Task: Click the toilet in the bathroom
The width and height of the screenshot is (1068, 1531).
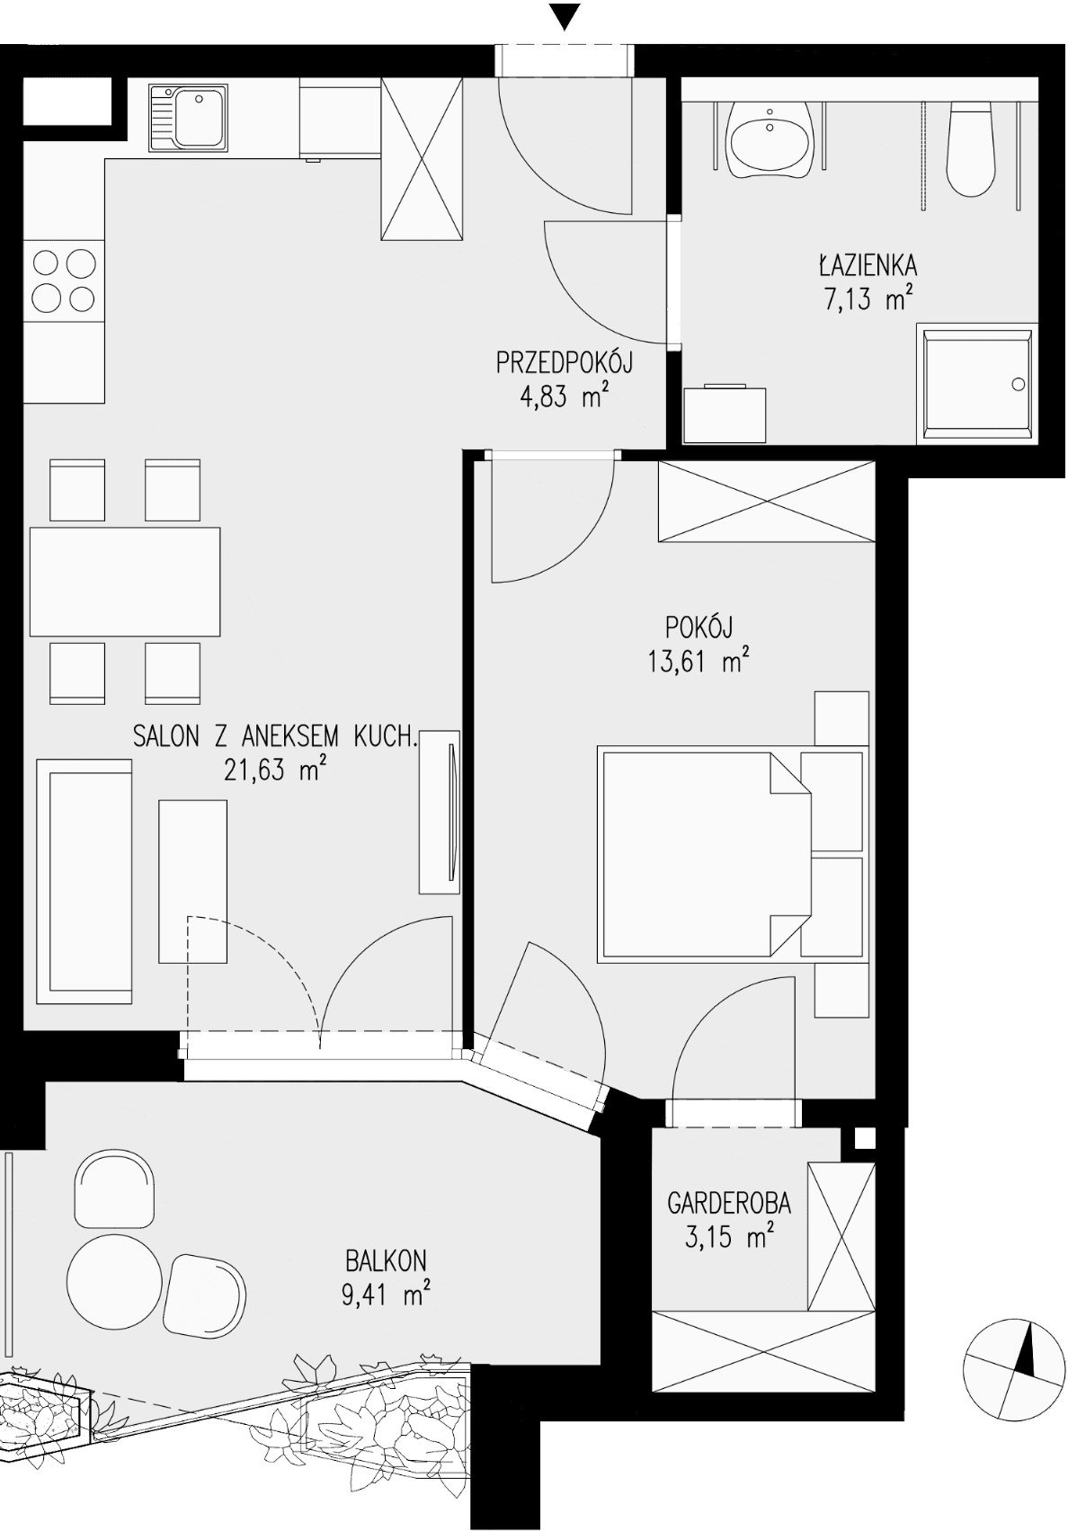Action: pyautogui.click(x=970, y=149)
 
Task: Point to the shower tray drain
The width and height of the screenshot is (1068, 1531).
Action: pyautogui.click(x=1019, y=384)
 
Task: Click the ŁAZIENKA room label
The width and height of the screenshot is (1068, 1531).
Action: pyautogui.click(x=868, y=264)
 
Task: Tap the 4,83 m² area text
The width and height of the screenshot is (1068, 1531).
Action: pyautogui.click(x=565, y=397)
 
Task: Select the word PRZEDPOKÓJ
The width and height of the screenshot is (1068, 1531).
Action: pyautogui.click(x=565, y=361)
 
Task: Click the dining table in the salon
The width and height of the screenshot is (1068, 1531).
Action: pyautogui.click(x=125, y=582)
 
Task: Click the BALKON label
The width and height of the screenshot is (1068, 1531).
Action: pyautogui.click(x=386, y=1260)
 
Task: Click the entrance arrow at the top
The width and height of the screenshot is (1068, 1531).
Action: pyautogui.click(x=565, y=17)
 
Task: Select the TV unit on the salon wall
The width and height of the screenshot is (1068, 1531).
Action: pyautogui.click(x=440, y=811)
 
